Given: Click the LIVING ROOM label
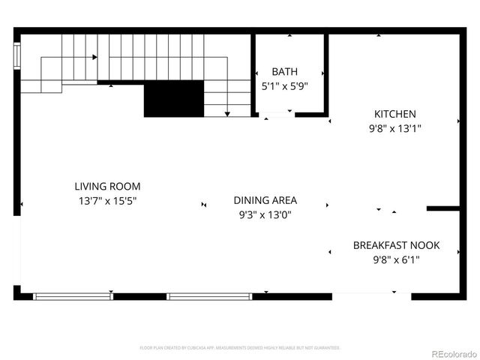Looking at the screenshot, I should coord(106,186).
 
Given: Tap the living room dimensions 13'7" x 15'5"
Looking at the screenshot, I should coord(106,201).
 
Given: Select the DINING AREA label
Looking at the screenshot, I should coord(265,200).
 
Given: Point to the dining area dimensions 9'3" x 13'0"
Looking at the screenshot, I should coord(265,214).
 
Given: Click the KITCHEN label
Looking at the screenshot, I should coord(395,114).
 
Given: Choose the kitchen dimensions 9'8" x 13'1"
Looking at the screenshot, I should coord(395,128).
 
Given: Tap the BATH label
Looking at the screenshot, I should coord(284,72).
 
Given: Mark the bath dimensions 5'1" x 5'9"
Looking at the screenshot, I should coord(284,86).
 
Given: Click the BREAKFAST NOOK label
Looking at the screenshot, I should coord(396,245).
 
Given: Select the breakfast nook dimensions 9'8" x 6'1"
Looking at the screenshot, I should coord(396,260).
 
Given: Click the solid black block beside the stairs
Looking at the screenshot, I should coord(174,100).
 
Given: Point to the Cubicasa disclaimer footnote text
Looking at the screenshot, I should coord(240,348).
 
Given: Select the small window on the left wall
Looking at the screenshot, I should coord(16,55).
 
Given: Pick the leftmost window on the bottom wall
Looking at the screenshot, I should coord(73,296).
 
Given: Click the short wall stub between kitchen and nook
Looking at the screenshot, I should coord(442,208).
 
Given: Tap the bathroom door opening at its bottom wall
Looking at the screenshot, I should coord(276,115).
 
